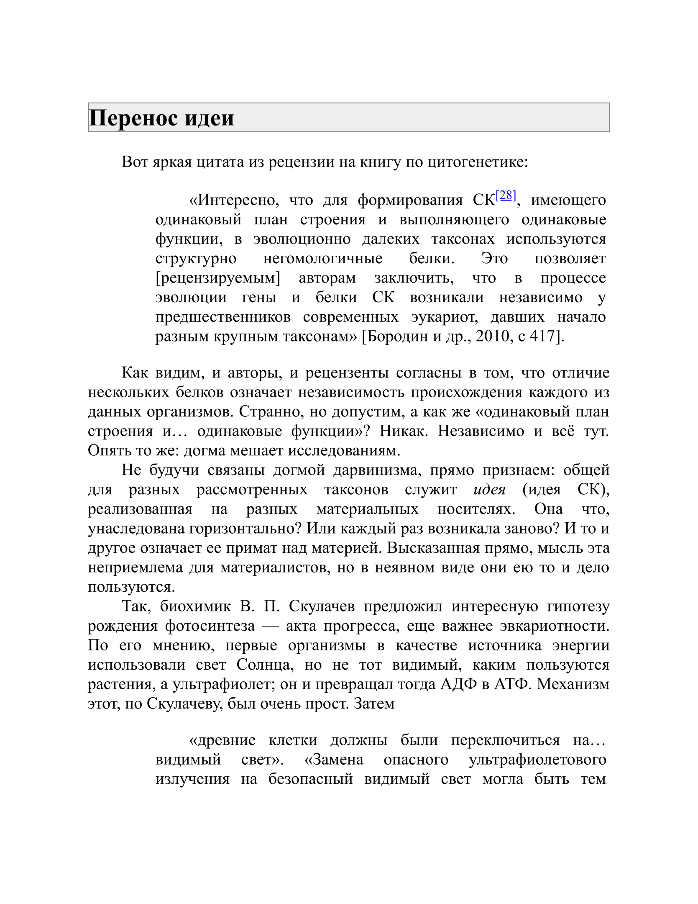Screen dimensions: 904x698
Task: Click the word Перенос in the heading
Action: pyautogui.click(x=133, y=118)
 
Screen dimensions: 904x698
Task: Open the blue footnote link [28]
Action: pyautogui.click(x=506, y=195)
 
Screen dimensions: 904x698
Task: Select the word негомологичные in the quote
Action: pyautogui.click(x=322, y=259)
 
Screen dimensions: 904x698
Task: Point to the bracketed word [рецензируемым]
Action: pyautogui.click(x=217, y=278)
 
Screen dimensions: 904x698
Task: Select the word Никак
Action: pyautogui.click(x=404, y=431)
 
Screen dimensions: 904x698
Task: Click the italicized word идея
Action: pyautogui.click(x=489, y=489)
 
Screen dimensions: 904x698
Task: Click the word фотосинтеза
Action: pyautogui.click(x=210, y=626)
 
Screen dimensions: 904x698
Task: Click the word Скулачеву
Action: pyautogui.click(x=185, y=704)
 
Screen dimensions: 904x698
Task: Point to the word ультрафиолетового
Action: pyautogui.click(x=537, y=760)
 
